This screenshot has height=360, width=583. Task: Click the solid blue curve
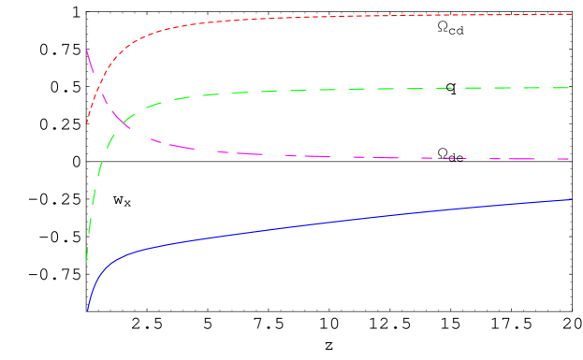[328, 222]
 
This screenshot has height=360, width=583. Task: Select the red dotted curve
[328, 17]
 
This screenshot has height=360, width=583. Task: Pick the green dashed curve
[328, 90]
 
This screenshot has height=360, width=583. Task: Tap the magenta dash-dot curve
[328, 156]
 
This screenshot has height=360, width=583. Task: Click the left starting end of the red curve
[87, 123]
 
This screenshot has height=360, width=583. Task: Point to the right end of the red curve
[571, 14]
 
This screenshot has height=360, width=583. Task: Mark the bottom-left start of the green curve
[87, 261]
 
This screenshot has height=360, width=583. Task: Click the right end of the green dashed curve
[570, 88]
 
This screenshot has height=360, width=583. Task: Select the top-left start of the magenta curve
[87, 50]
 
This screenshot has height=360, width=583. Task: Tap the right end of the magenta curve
[570, 159]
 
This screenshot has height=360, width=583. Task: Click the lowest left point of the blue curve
[88, 310]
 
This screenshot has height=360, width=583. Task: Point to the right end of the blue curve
[571, 200]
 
